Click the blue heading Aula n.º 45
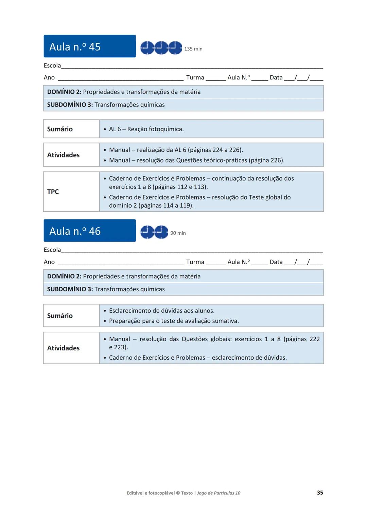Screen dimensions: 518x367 click(x=75, y=46)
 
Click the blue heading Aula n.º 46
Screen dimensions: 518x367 click(x=75, y=231)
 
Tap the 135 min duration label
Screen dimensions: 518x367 click(x=193, y=49)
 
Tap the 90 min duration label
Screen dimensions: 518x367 click(x=178, y=233)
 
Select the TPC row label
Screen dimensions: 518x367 click(x=53, y=192)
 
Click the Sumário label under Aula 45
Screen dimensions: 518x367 click(x=60, y=129)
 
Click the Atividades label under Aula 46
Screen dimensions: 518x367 click(x=63, y=348)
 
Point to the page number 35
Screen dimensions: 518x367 click(x=320, y=493)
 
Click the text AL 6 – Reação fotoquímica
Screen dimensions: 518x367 click(x=146, y=129)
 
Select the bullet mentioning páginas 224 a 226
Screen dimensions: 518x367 click(x=176, y=150)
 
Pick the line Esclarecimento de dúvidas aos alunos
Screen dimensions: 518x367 click(x=162, y=310)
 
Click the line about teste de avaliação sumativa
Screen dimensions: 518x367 click(x=174, y=321)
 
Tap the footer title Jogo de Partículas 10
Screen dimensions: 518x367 click(x=219, y=493)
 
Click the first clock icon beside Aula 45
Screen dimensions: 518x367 click(x=147, y=48)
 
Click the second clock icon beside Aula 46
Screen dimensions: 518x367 click(x=161, y=232)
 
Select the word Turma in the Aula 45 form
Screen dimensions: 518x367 click(x=195, y=78)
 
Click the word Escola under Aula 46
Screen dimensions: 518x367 click(x=52, y=250)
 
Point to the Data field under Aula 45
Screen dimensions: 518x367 click(x=276, y=78)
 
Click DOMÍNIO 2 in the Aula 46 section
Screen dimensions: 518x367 click(x=64, y=276)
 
